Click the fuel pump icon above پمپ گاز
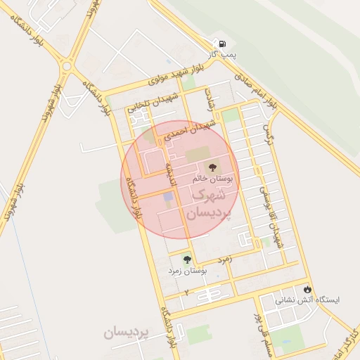click(x=223, y=43)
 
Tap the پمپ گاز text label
click(x=223, y=53)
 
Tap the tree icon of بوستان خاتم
click(x=214, y=167)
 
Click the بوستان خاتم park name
click(x=217, y=179)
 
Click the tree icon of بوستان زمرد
click(x=186, y=259)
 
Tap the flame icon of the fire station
click(x=307, y=289)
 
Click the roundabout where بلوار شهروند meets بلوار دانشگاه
click(x=67, y=65)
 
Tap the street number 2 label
click(x=187, y=290)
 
